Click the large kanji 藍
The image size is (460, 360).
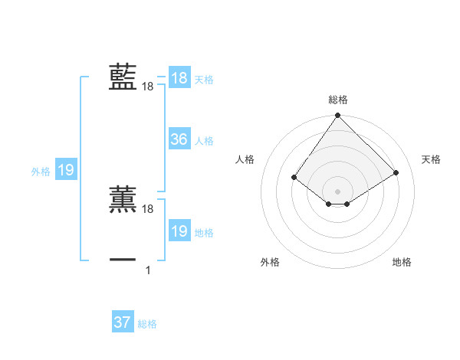click(123, 77)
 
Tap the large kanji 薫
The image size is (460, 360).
click(123, 199)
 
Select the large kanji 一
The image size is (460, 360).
click(123, 260)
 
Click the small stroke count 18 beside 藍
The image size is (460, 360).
click(148, 87)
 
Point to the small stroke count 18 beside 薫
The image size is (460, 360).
click(148, 209)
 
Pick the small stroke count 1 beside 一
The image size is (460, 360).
click(148, 270)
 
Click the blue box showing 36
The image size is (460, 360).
click(179, 139)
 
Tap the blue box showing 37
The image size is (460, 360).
click(122, 322)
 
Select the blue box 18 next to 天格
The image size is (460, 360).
click(179, 78)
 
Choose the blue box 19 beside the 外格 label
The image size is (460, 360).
click(65, 171)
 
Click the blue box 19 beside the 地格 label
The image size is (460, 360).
click(179, 231)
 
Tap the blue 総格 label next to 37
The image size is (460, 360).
click(147, 324)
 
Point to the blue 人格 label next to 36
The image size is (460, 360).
click(204, 141)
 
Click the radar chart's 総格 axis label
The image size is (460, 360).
click(337, 100)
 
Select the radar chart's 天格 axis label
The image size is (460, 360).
click(431, 159)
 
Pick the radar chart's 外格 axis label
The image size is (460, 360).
click(270, 262)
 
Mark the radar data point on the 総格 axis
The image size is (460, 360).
click(337, 116)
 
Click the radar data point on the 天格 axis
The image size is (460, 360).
click(396, 173)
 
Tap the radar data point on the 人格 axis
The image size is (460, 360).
click(294, 178)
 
